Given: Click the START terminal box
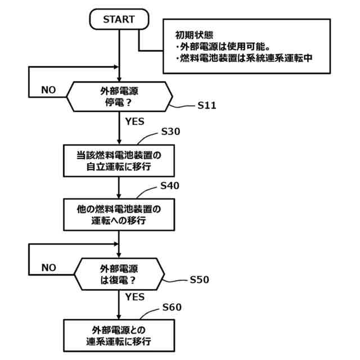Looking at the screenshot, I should [119, 19].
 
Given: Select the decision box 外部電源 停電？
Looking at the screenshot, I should [119, 96].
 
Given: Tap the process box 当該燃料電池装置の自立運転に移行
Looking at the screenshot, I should [119, 160].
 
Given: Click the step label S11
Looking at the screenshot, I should [207, 105].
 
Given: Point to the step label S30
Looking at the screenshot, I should [170, 132].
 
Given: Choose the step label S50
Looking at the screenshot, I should [200, 279].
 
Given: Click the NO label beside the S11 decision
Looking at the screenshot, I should [49, 90].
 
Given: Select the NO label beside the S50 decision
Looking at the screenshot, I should [49, 267].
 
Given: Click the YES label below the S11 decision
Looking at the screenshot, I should [135, 121].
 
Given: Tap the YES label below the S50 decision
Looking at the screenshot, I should [135, 296].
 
